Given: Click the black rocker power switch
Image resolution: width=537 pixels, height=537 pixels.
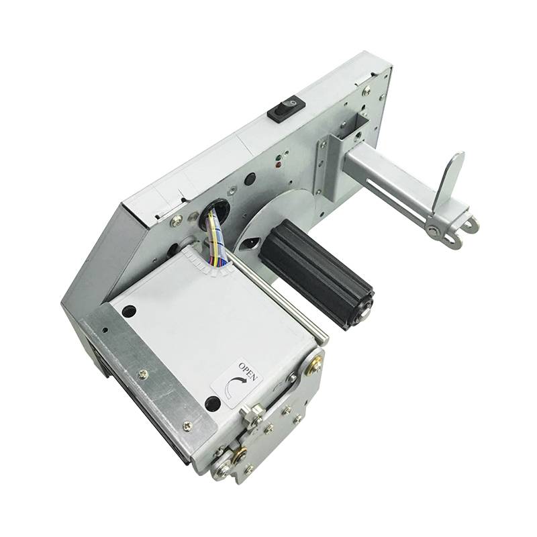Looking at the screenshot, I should tap(287, 107).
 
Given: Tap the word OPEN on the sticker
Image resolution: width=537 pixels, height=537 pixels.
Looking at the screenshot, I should tap(248, 372).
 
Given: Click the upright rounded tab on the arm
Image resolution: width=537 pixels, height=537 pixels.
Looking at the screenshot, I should tap(448, 179).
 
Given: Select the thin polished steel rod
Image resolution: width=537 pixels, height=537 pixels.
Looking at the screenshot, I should tap(282, 295).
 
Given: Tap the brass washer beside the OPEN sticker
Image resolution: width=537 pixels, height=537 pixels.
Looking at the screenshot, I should tap(314, 366).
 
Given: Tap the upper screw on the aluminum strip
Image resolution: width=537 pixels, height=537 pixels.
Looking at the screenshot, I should tap(143, 374).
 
